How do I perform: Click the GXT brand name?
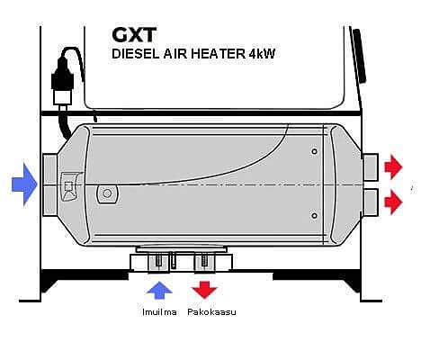pyautogui.click(x=134, y=35)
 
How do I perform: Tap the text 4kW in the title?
pyautogui.click(x=262, y=54)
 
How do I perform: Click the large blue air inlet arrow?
pyautogui.click(x=24, y=184)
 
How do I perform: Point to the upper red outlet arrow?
pyautogui.click(x=393, y=166)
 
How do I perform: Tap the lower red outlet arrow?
pyautogui.click(x=393, y=202)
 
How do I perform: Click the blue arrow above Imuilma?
pyautogui.click(x=159, y=290)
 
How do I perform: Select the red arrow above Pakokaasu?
pyautogui.click(x=204, y=290)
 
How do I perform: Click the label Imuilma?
pyautogui.click(x=159, y=312)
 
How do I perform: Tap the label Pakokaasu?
pyautogui.click(x=211, y=312)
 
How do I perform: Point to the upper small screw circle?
pyautogui.click(x=314, y=151)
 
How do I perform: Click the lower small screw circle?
pyautogui.click(x=314, y=216)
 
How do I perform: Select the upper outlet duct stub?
pyautogui.click(x=371, y=166)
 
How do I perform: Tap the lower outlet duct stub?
pyautogui.click(x=371, y=202)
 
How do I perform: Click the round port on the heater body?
pyautogui.click(x=106, y=193)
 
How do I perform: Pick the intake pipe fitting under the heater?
pyautogui.click(x=159, y=263)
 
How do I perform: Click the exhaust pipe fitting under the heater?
pyautogui.click(x=204, y=263)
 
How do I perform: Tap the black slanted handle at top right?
pyautogui.click(x=360, y=56)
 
